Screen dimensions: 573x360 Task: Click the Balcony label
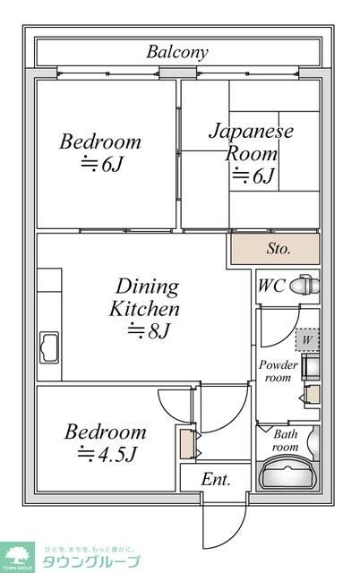pos(177,52)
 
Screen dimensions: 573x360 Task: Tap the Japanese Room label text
pos(251,141)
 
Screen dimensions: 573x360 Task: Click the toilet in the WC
pos(304,286)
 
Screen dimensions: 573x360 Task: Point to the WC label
pos(272,287)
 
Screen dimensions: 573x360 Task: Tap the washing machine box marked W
pos(307,340)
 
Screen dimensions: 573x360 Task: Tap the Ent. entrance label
pos(215,479)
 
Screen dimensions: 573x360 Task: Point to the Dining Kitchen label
pos(145,298)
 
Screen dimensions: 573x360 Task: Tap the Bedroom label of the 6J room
pos(100,141)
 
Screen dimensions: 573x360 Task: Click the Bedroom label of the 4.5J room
pos(105,432)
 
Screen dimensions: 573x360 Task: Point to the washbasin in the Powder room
pos(311,367)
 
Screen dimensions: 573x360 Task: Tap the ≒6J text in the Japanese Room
pos(253,175)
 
